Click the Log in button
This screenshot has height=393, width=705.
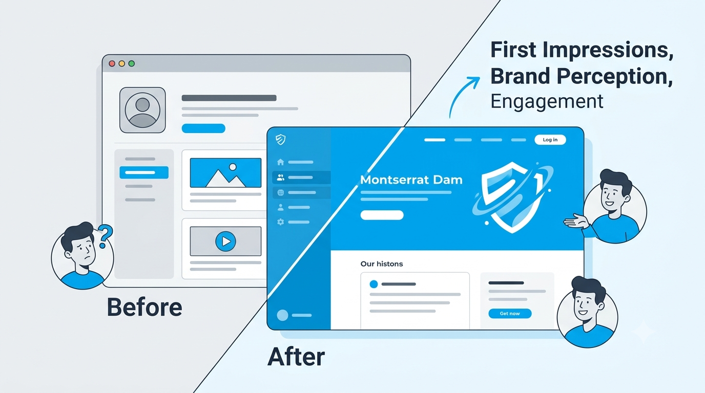pyautogui.click(x=550, y=140)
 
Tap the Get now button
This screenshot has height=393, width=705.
pyautogui.click(x=510, y=314)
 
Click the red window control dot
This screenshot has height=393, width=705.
pyautogui.click(x=112, y=63)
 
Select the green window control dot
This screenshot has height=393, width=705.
pyautogui.click(x=132, y=63)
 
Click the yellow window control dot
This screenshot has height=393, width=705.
pyautogui.click(x=122, y=63)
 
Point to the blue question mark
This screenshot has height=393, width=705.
pyautogui.click(x=105, y=236)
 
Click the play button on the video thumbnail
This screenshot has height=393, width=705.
pyautogui.click(x=225, y=242)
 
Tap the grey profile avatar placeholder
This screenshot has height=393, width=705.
pyautogui.click(x=142, y=110)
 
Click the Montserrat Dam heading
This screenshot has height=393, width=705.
pyautogui.click(x=411, y=180)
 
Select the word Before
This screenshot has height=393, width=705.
pyautogui.click(x=144, y=307)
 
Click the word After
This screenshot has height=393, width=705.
pyautogui.click(x=296, y=357)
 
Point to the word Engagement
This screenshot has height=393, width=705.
pyautogui.click(x=547, y=102)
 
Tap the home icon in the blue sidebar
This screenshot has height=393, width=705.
pyautogui.click(x=280, y=162)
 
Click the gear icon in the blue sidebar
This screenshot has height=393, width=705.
pyautogui.click(x=280, y=222)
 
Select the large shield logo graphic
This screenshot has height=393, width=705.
pyautogui.click(x=512, y=197)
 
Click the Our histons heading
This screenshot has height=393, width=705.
pyautogui.click(x=382, y=264)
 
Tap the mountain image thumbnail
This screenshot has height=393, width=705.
pyautogui.click(x=225, y=173)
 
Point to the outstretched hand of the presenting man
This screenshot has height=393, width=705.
pyautogui.click(x=575, y=222)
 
